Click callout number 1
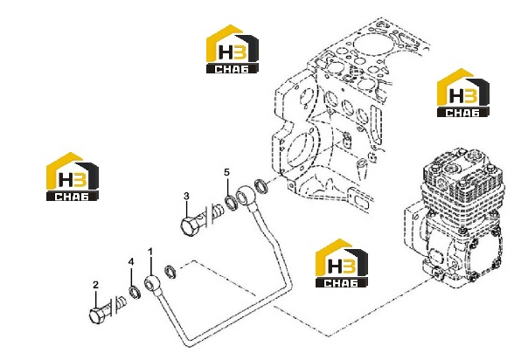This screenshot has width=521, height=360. pos(150,252)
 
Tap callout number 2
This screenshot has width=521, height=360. pos(95,285)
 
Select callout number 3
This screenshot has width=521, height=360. pos(186,197)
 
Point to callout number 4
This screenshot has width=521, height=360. pos(131,261)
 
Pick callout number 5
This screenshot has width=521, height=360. pos(226,172)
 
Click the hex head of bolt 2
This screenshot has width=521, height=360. pos(97,315)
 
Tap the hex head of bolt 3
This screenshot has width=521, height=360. pos(189,227)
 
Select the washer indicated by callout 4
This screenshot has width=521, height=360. pos(135,292)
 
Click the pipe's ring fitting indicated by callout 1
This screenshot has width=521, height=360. pos(152,283)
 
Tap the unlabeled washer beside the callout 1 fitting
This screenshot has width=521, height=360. pos(170,272)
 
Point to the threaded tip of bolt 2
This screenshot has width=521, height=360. pos(122,301)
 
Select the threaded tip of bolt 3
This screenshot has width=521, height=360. pos(219,211)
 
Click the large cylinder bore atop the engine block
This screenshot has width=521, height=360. pos(366,44)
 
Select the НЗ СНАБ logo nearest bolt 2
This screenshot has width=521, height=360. pos(73,177)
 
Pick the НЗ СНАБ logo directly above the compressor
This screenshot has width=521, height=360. pos(463,93)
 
